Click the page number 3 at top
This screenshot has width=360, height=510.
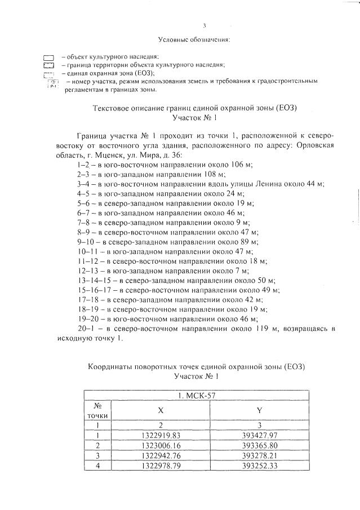tap(205, 25)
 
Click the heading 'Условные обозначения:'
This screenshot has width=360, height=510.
tap(197, 41)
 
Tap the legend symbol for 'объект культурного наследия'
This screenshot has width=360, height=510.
tap(48, 57)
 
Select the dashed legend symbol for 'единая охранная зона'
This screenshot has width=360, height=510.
tap(48, 74)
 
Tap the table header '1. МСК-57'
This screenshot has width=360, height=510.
tap(195, 395)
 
